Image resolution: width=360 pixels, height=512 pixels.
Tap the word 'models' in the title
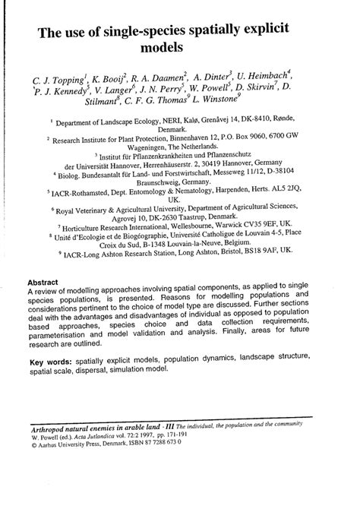pyautogui.click(x=179, y=51)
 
